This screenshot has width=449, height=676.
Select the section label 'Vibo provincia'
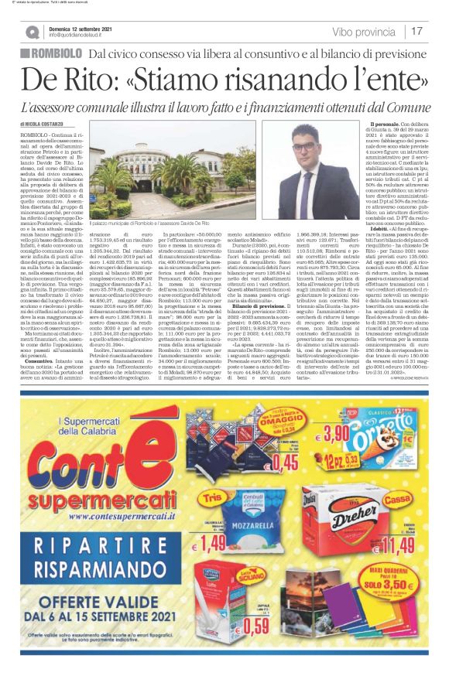tap(364, 32)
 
